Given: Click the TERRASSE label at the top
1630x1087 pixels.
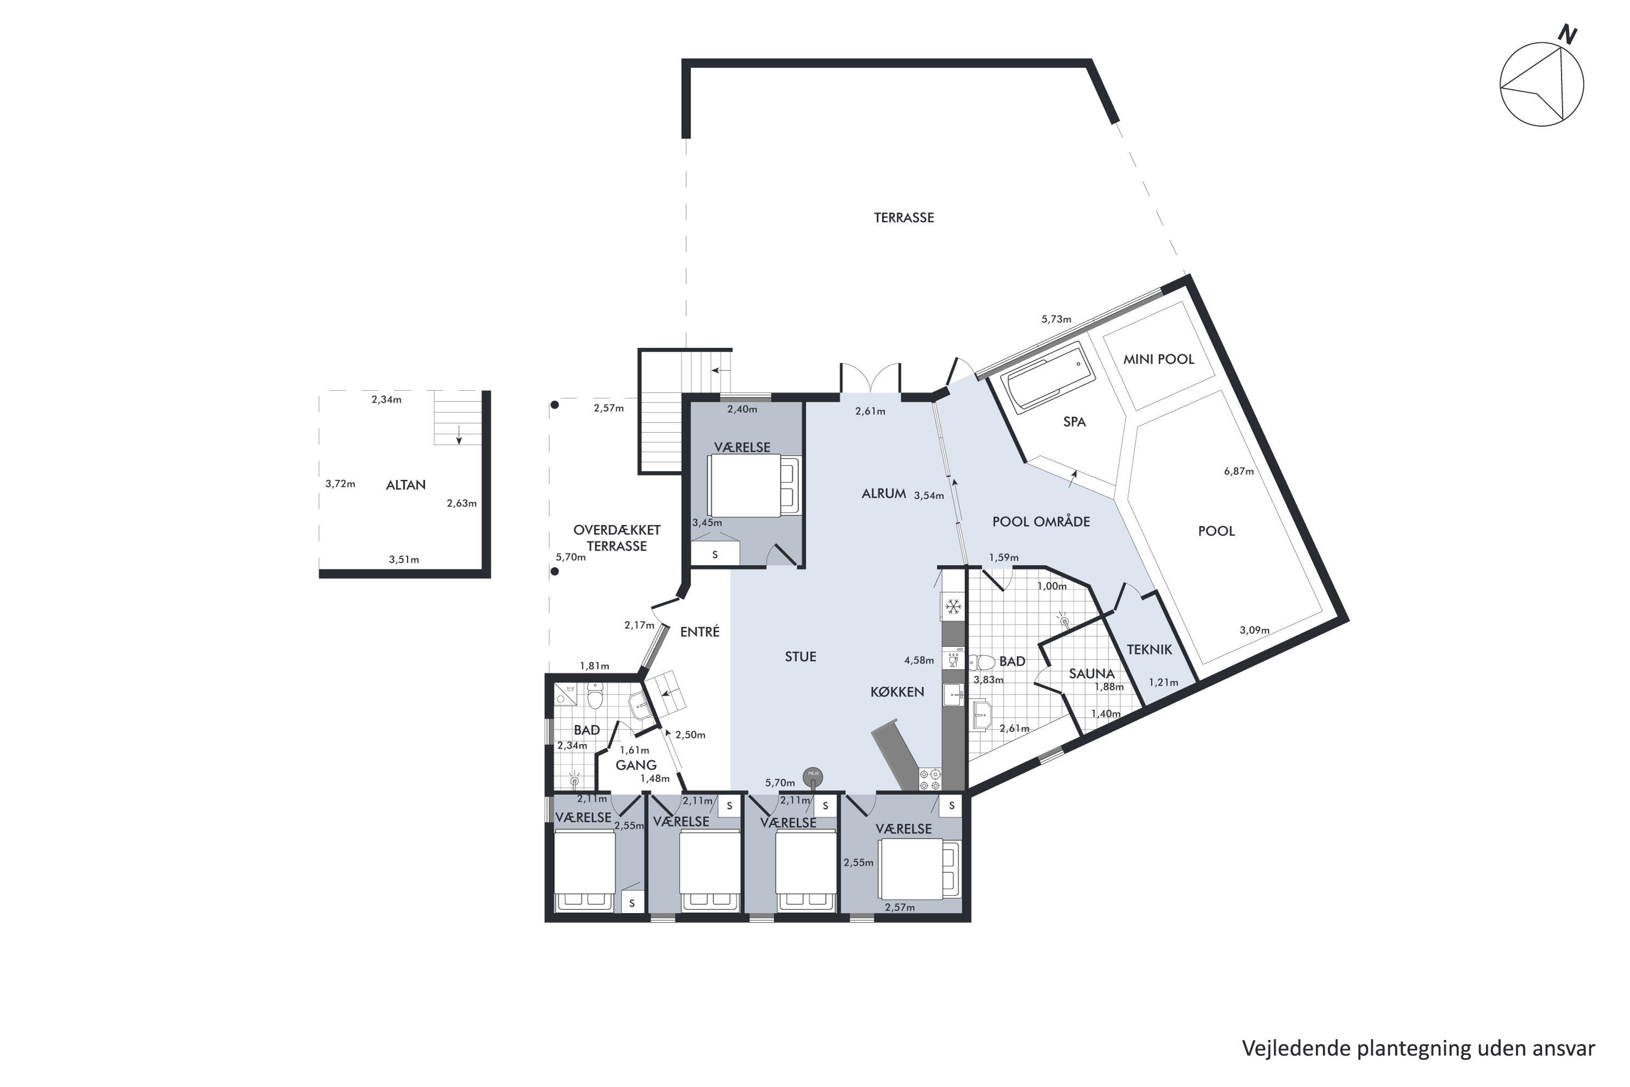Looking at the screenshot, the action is coord(904,218).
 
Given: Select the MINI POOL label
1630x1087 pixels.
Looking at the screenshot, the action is coord(1159,359).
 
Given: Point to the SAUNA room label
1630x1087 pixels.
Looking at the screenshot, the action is coord(1092,673).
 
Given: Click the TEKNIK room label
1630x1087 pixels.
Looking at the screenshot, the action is coord(1149,649).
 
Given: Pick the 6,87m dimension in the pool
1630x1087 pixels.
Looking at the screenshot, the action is coord(1238,471).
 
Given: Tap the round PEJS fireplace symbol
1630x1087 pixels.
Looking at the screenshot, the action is coord(813,777).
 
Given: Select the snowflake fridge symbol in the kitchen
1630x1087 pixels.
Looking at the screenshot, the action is coord(953,607).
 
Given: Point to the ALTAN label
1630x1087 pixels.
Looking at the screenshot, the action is coord(405,485).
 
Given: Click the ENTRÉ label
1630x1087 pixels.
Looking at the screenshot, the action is coord(700,632).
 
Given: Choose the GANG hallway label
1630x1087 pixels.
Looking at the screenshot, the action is coord(636,765).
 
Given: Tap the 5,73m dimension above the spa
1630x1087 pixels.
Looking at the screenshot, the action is coord(1056,320).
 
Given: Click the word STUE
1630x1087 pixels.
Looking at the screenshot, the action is coord(800,657).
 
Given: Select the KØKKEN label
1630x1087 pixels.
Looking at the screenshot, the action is coord(897,692).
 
